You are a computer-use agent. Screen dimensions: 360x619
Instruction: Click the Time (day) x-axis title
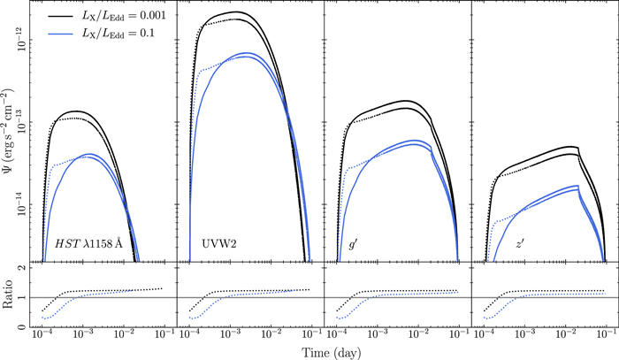[321, 352]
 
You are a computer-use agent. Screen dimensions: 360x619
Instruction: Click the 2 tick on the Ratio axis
[24, 268]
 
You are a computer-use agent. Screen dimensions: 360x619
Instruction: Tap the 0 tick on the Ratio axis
[24, 327]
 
